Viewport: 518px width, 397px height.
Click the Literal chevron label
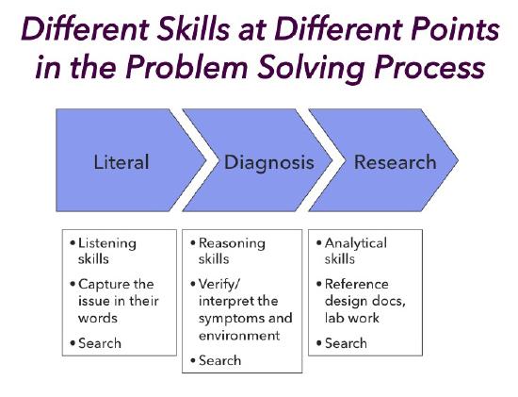click(x=121, y=162)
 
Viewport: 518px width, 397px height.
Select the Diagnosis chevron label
click(x=268, y=162)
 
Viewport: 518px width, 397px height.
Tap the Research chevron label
click(x=395, y=162)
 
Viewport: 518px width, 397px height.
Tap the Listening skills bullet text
click(x=106, y=250)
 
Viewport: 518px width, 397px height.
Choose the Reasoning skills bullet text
click(x=231, y=250)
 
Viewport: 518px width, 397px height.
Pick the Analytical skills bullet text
click(x=355, y=250)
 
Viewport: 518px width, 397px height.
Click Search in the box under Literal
click(x=100, y=342)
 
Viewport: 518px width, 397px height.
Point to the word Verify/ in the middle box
click(x=223, y=284)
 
